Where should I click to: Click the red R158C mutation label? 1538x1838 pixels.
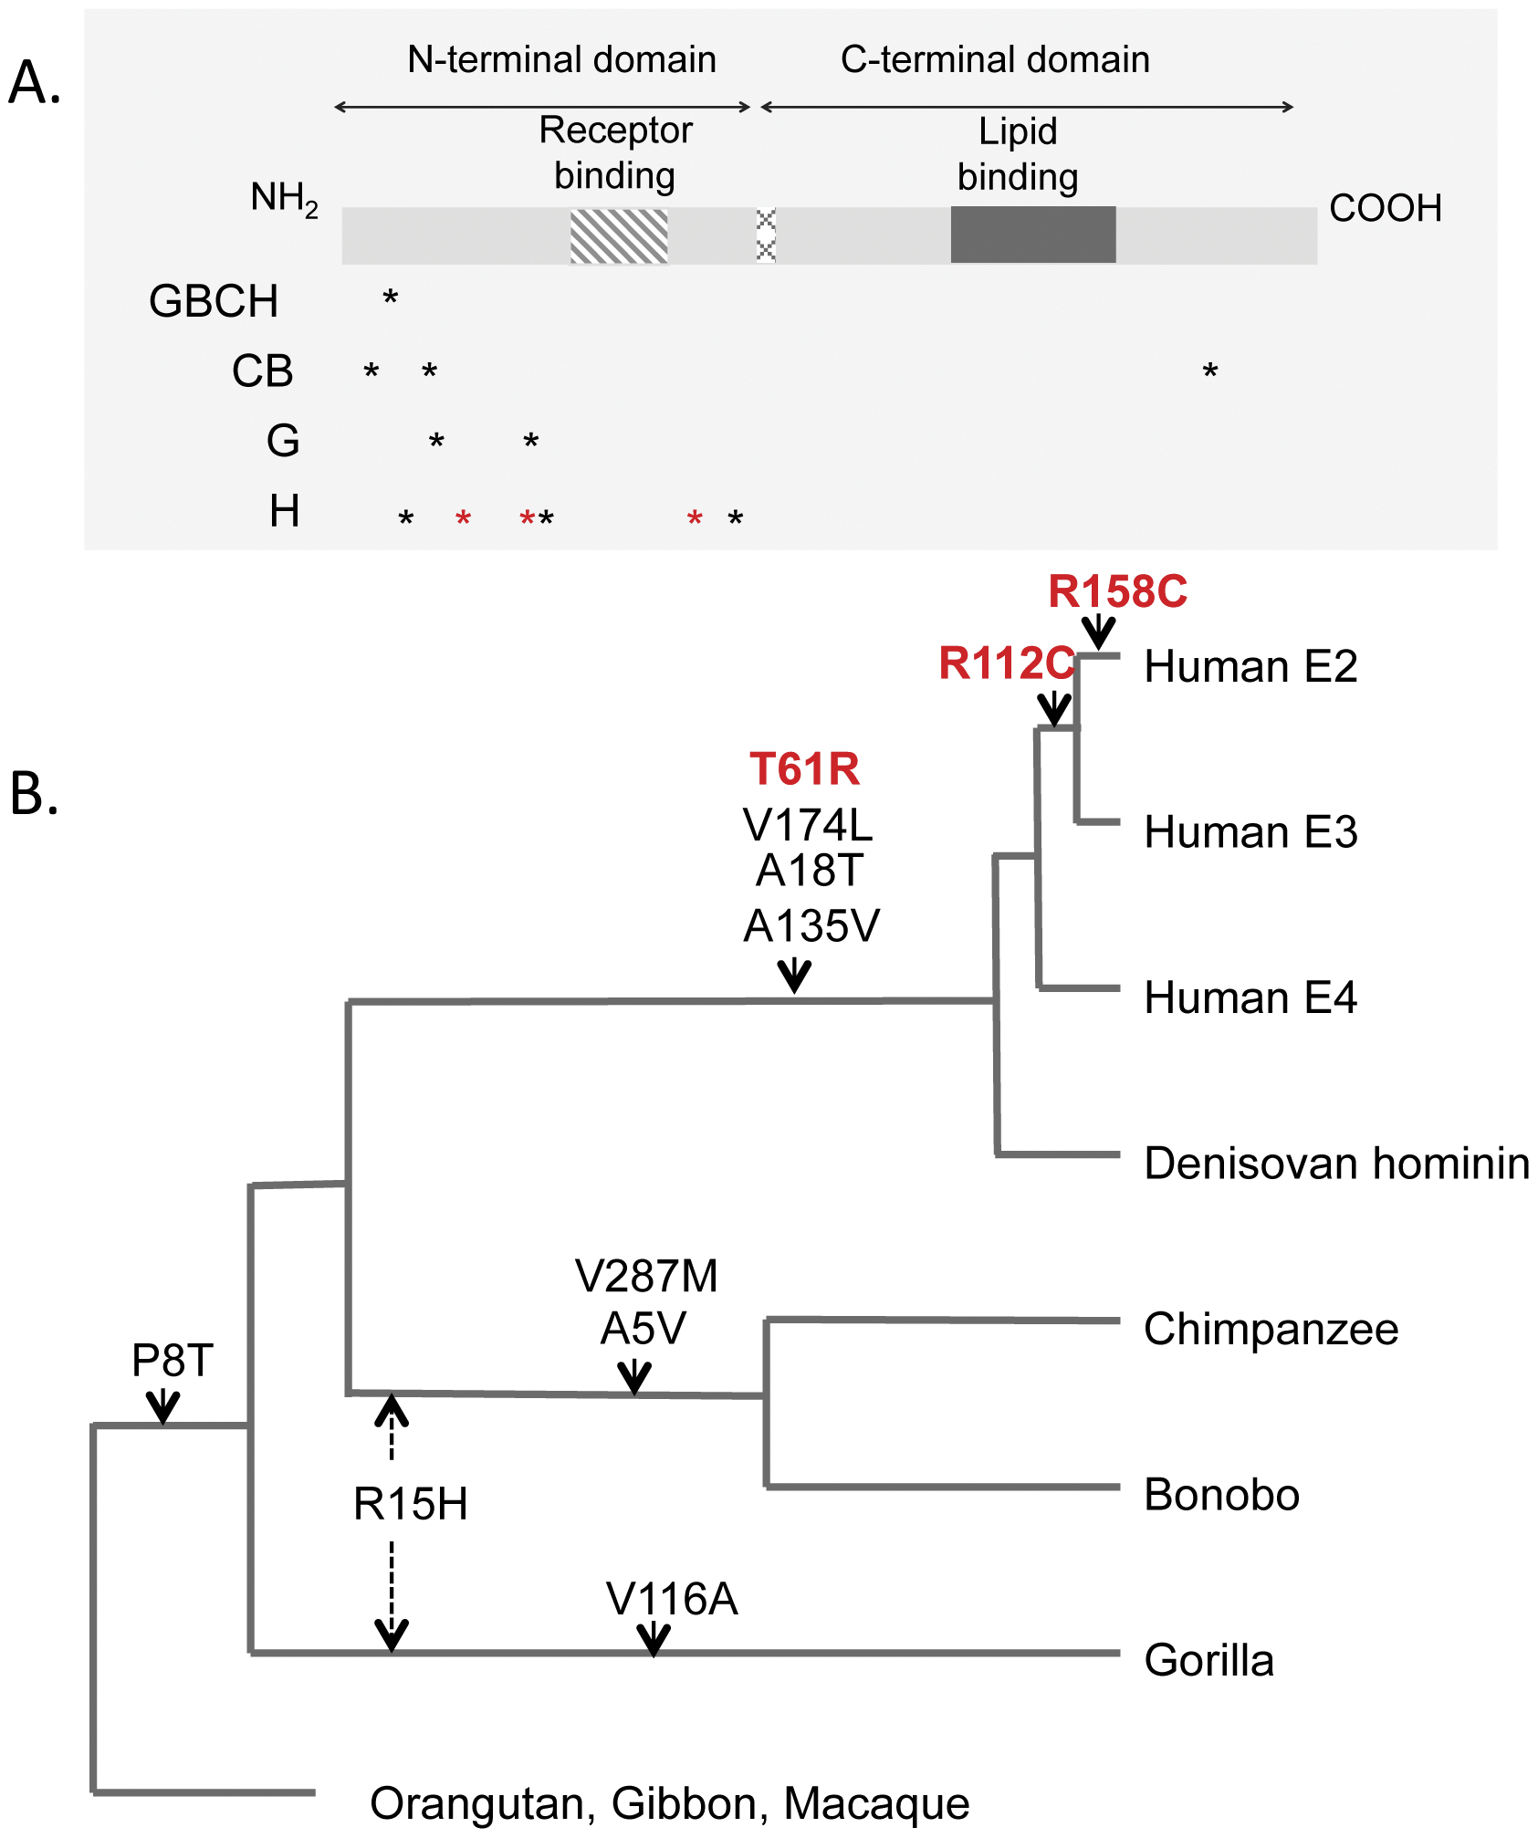(x=1117, y=591)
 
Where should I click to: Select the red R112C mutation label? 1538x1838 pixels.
(x=1006, y=663)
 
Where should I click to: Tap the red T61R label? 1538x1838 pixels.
(x=804, y=768)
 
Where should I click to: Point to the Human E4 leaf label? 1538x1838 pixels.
(x=1250, y=997)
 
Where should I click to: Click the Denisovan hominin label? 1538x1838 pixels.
(x=1336, y=1164)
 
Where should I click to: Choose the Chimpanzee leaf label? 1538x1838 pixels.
(x=1271, y=1329)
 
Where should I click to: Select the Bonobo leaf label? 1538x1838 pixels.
(x=1221, y=1495)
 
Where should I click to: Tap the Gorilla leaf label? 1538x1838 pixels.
(x=1208, y=1660)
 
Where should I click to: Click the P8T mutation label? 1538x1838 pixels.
(x=173, y=1361)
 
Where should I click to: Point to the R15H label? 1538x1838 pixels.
(x=411, y=1504)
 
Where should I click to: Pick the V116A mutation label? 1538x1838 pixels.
(x=672, y=1600)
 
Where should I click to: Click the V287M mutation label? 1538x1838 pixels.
(x=646, y=1276)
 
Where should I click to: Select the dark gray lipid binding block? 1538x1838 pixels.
(x=1032, y=235)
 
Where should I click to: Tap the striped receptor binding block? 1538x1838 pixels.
(x=619, y=235)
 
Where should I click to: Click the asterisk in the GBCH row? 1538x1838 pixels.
(x=391, y=298)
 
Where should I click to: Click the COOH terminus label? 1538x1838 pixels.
(x=1385, y=208)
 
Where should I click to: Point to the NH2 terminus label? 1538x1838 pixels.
(x=284, y=199)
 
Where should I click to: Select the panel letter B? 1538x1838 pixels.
(x=35, y=793)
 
